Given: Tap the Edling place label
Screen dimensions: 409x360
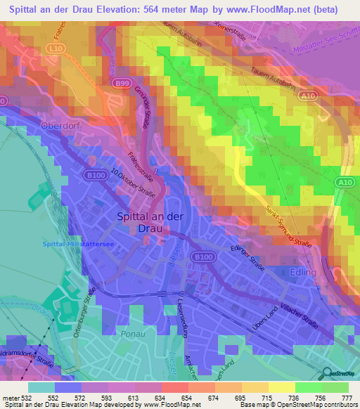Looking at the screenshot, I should click(x=304, y=271).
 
